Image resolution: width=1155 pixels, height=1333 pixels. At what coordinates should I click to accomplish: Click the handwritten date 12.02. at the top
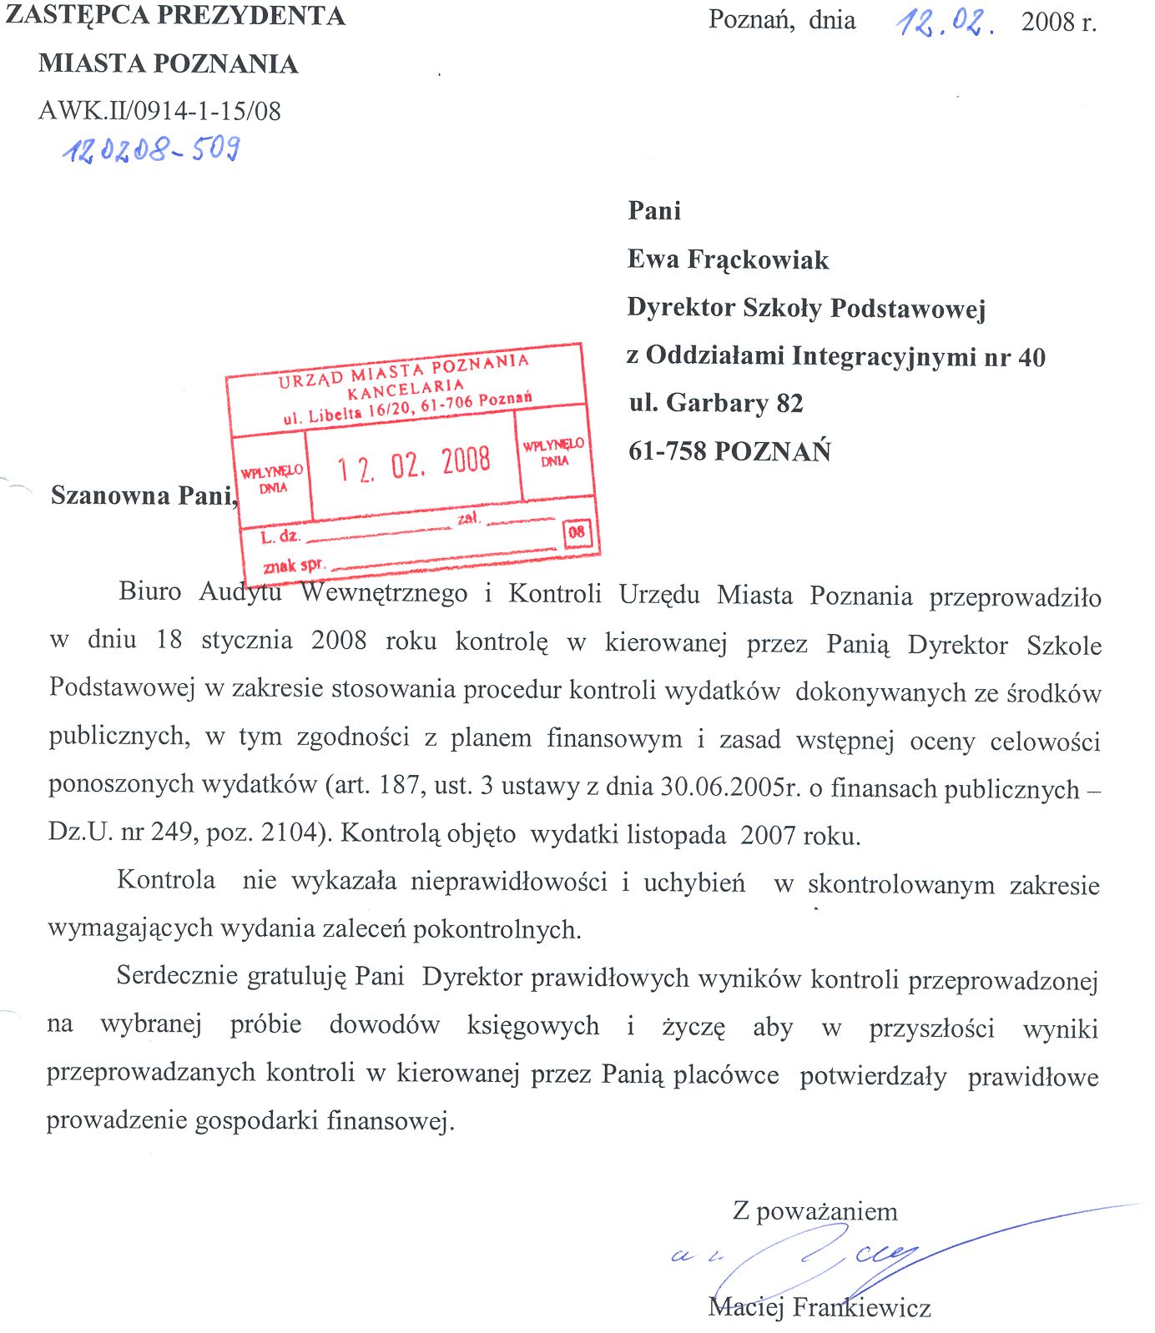point(944,22)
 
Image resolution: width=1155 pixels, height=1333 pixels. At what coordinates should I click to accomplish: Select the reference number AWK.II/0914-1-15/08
point(159,111)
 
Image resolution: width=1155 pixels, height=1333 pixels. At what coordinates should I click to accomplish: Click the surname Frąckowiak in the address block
point(758,260)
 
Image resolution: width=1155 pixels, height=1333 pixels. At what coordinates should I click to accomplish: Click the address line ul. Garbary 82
point(715,404)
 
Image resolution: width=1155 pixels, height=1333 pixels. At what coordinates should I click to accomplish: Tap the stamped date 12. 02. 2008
point(414,464)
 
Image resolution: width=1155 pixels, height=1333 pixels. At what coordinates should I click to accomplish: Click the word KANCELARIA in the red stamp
point(406,389)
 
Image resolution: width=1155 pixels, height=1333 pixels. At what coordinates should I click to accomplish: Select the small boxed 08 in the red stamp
point(577,532)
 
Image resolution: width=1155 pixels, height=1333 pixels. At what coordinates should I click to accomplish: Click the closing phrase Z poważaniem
point(815,1211)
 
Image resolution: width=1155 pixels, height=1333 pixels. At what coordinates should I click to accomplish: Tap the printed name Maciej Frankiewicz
point(819,1306)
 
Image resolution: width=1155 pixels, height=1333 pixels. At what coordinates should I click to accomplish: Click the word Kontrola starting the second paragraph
point(166,879)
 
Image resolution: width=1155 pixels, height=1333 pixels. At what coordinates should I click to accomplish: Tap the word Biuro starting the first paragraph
point(150,591)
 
